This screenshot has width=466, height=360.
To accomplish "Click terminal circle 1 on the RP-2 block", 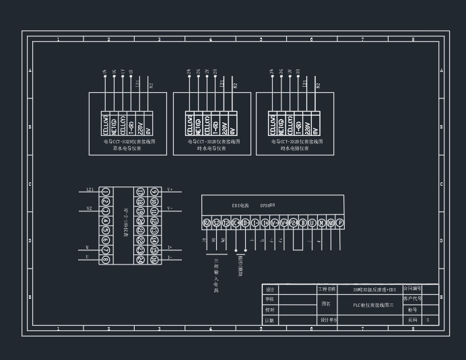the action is (x=106, y=192).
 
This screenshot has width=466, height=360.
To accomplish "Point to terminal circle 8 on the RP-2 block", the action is (x=106, y=259).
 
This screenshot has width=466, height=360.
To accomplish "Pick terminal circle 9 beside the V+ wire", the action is (x=154, y=192).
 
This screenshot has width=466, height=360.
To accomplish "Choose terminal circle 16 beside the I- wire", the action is (x=154, y=259).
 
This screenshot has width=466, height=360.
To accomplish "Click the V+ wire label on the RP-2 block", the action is (x=170, y=190).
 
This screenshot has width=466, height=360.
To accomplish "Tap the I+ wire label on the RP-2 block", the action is (x=170, y=248).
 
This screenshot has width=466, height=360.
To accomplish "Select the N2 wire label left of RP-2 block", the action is (x=89, y=209).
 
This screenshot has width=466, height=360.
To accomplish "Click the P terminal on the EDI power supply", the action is (x=340, y=223).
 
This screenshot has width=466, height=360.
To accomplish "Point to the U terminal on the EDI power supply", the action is (x=312, y=223).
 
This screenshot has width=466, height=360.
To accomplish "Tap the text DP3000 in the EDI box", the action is (x=267, y=205).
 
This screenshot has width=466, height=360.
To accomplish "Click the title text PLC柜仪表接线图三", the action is (x=373, y=305).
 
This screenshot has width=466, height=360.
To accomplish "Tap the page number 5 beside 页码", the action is (x=428, y=320).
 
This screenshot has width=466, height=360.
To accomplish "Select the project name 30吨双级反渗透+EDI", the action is (x=374, y=289).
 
